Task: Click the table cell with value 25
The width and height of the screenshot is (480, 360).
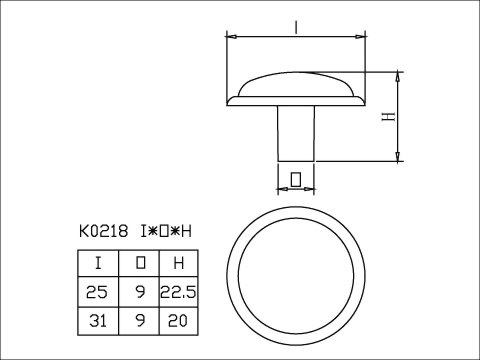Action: pos(98,292)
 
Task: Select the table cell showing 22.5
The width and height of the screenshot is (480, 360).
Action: pos(179,292)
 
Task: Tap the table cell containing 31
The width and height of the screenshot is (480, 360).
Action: pos(98,321)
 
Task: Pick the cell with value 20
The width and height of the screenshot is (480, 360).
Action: pos(179,321)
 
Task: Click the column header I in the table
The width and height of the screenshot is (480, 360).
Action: pos(98,263)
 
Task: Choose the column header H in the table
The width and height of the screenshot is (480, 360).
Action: pos(179,263)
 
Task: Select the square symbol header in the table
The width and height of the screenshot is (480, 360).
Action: pos(139,263)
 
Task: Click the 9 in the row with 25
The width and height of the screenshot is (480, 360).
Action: pos(139,292)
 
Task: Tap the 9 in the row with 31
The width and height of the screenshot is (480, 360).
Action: pos(139,321)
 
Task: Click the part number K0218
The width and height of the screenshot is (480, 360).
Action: pos(103,231)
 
